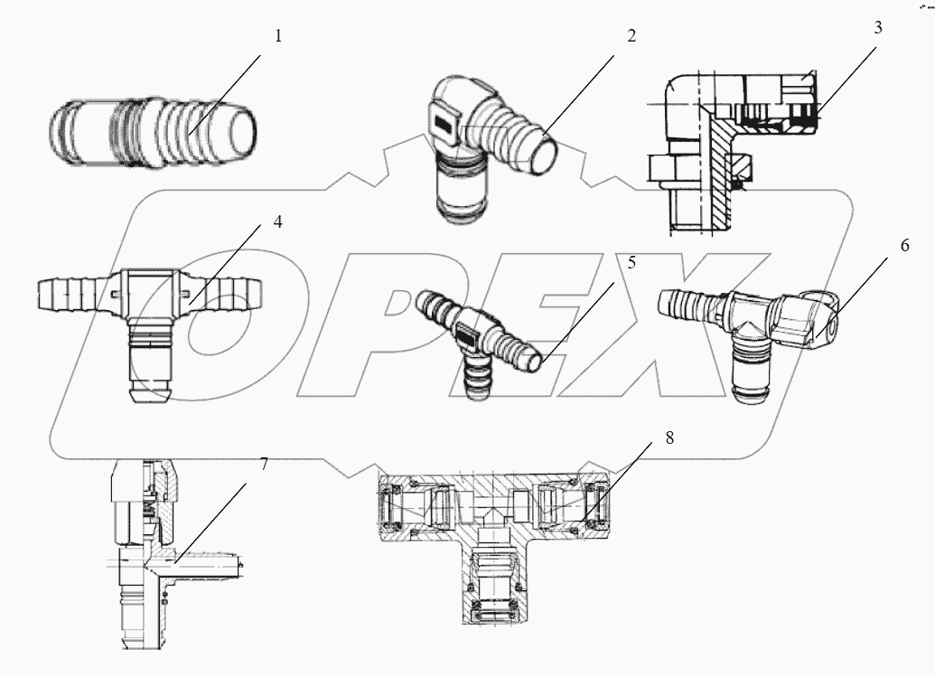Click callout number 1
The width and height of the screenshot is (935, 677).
278,37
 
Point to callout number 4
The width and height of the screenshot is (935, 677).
277,221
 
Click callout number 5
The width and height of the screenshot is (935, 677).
631,263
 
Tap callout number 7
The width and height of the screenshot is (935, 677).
264,464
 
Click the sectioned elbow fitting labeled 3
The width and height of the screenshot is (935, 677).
723,154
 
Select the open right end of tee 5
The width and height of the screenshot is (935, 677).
534,362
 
